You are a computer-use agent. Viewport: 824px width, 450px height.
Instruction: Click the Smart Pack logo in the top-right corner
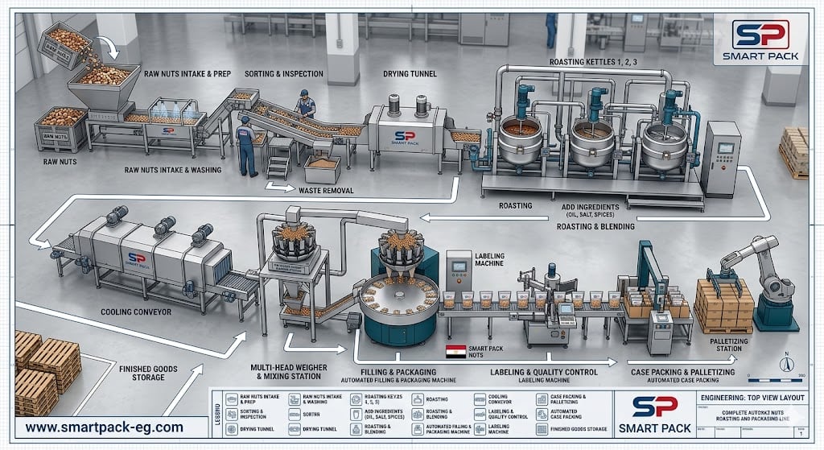tap(760, 40)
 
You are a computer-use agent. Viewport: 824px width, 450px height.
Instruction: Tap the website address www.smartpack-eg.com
tap(104, 427)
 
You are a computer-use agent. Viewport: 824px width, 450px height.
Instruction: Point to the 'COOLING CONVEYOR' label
tap(136, 312)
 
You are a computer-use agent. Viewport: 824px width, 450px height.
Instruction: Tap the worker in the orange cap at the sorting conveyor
tap(305, 103)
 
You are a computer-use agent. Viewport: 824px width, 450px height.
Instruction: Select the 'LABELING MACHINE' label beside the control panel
tap(489, 258)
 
